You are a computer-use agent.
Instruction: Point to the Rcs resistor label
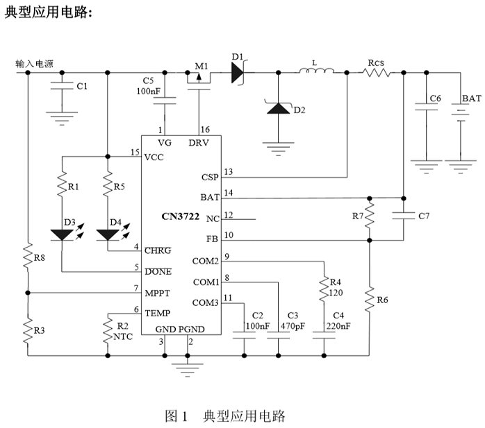376,62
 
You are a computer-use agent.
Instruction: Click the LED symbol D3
63,234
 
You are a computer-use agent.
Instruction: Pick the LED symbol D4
107,234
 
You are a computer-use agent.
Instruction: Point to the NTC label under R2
122,336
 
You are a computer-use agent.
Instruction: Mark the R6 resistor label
384,300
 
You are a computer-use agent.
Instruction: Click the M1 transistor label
201,65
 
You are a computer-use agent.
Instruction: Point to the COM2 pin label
205,262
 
